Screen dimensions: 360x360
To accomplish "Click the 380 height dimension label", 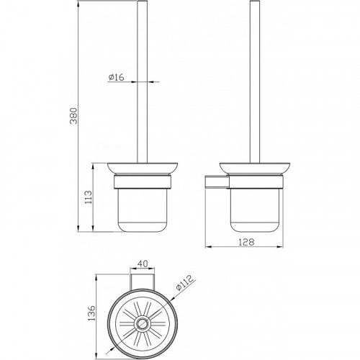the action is (73, 116).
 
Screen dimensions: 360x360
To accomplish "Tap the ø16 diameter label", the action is (116, 77).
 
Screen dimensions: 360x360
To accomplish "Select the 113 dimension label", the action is (89, 197).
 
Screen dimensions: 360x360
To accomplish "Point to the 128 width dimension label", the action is (246, 242).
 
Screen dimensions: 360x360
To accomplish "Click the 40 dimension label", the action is (143, 264).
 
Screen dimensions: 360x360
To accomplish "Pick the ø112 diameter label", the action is (184, 283).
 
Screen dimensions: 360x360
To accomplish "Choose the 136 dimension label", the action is (91, 312).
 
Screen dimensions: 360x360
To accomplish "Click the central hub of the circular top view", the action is (143, 323).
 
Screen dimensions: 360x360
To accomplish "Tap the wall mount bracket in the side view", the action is (217, 181).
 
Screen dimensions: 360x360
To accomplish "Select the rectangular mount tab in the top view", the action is (143, 282).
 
